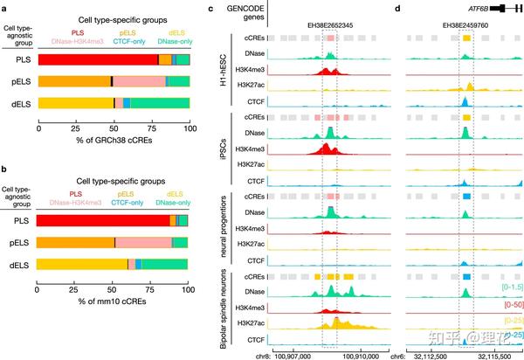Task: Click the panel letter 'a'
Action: [4, 9]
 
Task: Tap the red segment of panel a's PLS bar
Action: [97, 59]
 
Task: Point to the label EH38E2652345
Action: [329, 27]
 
